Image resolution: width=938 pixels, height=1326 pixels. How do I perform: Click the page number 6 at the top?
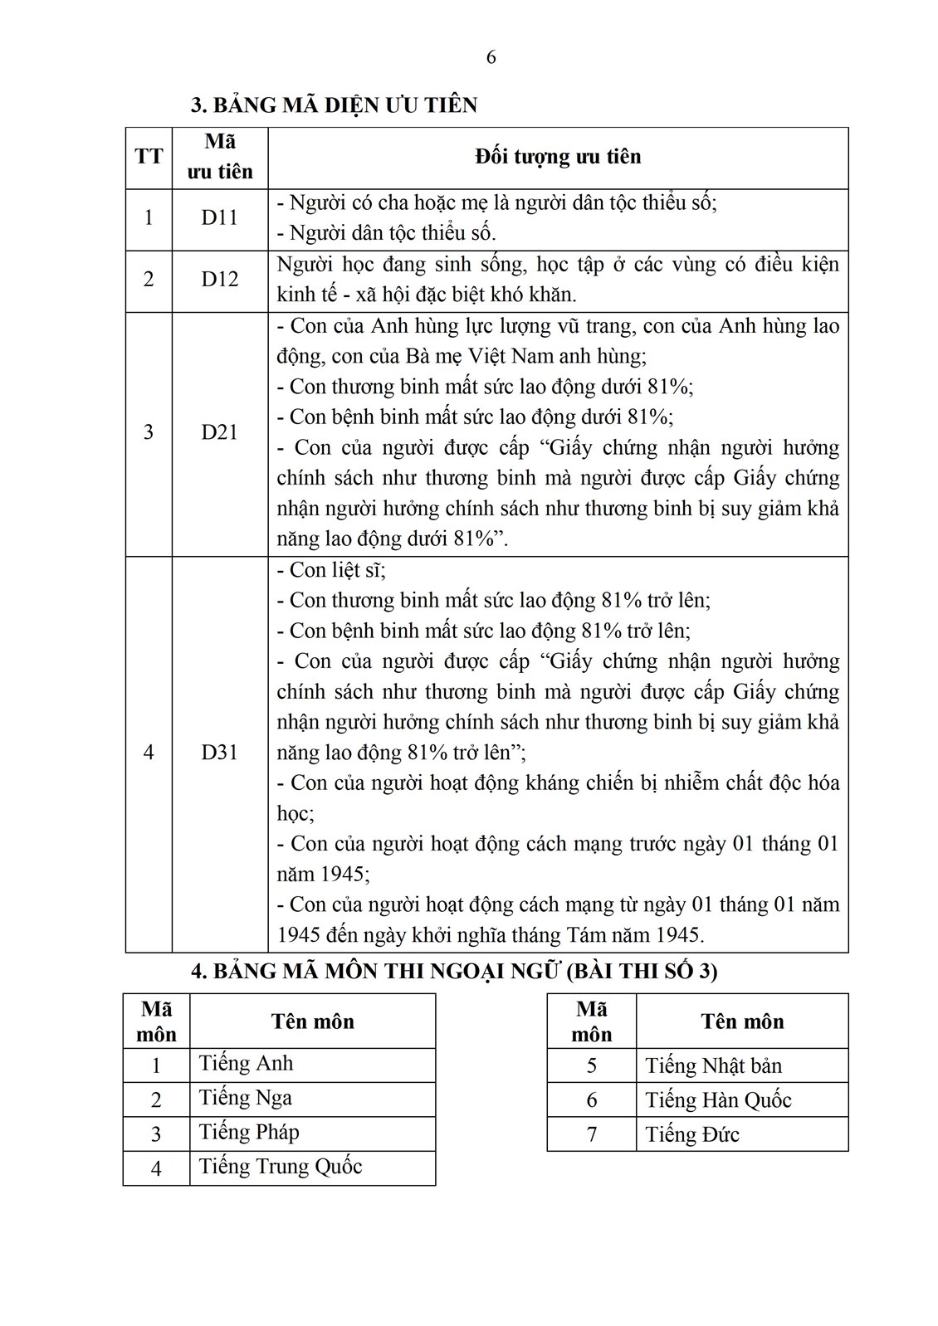pos(491,57)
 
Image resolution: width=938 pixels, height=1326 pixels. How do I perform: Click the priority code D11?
pos(219,218)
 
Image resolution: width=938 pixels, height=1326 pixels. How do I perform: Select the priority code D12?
pos(219,280)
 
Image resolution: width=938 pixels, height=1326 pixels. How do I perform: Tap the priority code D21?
pos(219,432)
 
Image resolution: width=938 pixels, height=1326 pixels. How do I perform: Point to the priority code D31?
pos(219,753)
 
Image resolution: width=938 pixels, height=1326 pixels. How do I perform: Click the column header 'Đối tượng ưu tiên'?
pos(558,157)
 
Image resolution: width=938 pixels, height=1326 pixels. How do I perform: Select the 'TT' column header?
pos(149,157)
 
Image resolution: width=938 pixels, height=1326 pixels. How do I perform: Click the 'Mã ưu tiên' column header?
pos(220,157)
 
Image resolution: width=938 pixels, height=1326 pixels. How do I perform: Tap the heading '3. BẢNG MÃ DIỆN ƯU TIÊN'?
pos(335,105)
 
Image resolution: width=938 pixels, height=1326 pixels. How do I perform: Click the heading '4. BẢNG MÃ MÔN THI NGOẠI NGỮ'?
pos(454,971)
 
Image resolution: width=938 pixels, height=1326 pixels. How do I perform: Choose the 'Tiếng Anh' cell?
pos(247,1064)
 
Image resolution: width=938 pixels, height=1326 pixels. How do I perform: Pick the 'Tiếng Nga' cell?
pos(246,1099)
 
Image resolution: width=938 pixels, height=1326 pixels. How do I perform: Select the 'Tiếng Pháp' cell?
pos(249,1133)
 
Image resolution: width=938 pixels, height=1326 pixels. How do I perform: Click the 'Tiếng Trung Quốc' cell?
pos(281,1167)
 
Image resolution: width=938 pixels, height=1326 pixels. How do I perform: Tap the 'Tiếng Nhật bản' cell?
pos(714,1065)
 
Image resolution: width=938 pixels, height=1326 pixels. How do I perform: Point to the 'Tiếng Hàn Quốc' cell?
pos(719,1100)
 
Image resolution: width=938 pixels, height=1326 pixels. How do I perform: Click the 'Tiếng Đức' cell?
pos(692,1134)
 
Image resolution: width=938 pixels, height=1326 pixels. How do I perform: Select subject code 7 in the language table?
pos(591,1134)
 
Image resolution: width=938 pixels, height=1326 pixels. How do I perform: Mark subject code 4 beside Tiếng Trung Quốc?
pos(156,1168)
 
